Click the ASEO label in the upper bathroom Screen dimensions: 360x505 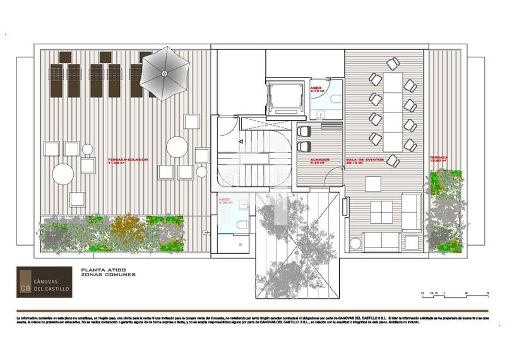[316, 89]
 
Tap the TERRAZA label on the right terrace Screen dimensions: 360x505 [439, 158]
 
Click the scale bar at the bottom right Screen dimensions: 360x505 [454, 292]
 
